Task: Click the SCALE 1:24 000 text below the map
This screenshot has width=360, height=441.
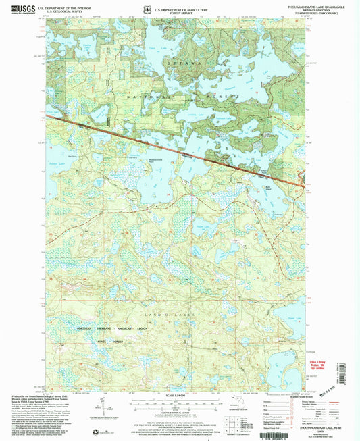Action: pyautogui.click(x=177, y=394)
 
